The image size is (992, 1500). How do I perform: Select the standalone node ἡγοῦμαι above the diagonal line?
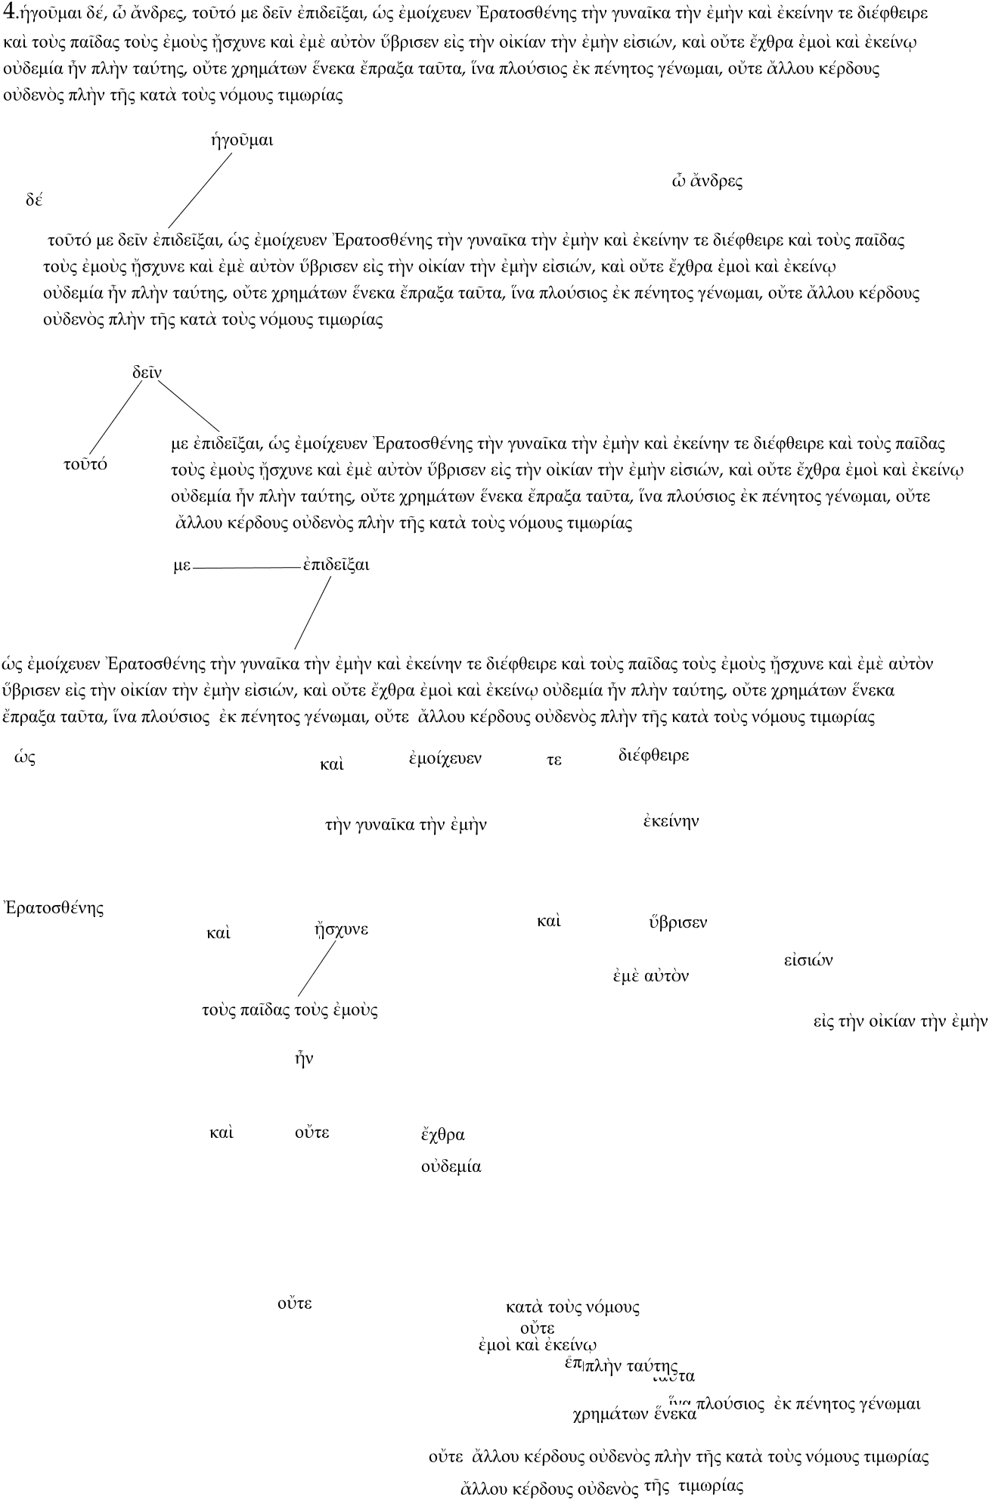coord(241,141)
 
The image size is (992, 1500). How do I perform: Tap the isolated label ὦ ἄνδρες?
coord(707,181)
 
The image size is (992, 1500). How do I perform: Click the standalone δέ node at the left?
coord(33,200)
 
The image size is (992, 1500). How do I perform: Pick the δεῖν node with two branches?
coord(147,373)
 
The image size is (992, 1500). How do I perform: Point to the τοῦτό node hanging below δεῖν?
coord(85,464)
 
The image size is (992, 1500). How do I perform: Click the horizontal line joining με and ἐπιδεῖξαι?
coord(246,567)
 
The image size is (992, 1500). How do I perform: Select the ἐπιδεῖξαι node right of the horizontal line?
coord(336,566)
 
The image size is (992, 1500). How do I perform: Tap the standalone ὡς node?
coord(25,758)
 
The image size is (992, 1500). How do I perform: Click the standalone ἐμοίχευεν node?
coord(445,758)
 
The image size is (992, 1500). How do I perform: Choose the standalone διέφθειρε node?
coord(653,755)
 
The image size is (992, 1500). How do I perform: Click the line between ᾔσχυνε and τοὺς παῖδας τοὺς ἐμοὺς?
coord(317,968)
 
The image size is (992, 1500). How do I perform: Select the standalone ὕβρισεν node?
coord(677,922)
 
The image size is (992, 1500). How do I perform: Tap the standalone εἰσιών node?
coord(808,960)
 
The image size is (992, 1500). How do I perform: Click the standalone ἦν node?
coord(303,1059)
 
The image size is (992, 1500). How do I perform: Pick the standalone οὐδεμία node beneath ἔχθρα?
coord(451,1167)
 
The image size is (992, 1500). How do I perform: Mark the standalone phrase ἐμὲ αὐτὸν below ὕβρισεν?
coord(650,976)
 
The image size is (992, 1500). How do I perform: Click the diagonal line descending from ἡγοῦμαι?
coord(200,189)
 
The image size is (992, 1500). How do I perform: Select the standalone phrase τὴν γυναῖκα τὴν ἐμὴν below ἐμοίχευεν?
coord(405,825)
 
